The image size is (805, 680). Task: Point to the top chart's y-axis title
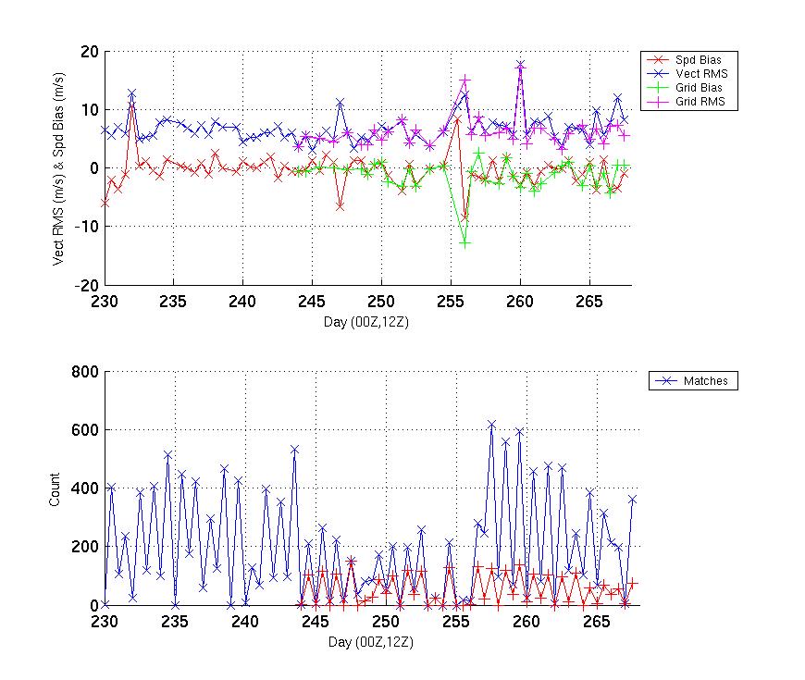[x=59, y=168]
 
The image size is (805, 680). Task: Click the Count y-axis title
[x=54, y=488]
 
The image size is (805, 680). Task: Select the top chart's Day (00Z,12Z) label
[x=372, y=321]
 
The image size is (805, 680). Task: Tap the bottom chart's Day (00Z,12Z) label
[x=372, y=640]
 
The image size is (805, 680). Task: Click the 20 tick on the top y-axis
[x=89, y=52]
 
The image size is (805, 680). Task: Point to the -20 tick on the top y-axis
[x=86, y=285]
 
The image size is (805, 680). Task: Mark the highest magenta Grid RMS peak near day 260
[x=520, y=65]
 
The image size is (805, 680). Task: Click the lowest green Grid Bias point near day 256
[x=464, y=242]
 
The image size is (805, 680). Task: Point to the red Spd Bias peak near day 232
[x=132, y=105]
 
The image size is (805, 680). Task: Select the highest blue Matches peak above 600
[x=492, y=424]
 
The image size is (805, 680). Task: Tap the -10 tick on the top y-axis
[x=86, y=227]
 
